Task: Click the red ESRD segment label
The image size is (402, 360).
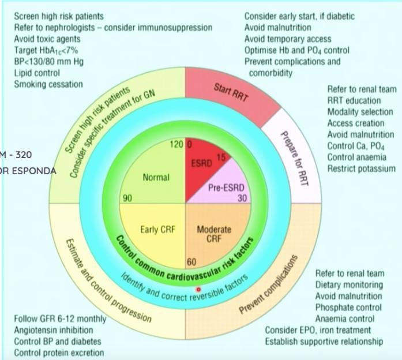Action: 201,163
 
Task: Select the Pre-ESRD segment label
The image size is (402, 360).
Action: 226,188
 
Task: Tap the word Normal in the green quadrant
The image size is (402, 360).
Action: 156,178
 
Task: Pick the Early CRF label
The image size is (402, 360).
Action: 157,230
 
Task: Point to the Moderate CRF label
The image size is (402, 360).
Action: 214,234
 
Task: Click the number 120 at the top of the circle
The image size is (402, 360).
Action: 176,144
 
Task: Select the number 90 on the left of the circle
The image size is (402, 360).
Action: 128,198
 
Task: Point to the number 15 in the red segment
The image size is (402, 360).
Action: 221,157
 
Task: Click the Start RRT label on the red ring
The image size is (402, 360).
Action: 231,92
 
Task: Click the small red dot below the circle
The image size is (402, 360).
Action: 199,290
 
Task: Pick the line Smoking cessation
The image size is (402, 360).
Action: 48,84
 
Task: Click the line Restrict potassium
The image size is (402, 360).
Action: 360,168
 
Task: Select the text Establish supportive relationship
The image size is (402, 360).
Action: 324,341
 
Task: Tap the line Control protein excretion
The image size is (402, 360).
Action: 59,352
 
